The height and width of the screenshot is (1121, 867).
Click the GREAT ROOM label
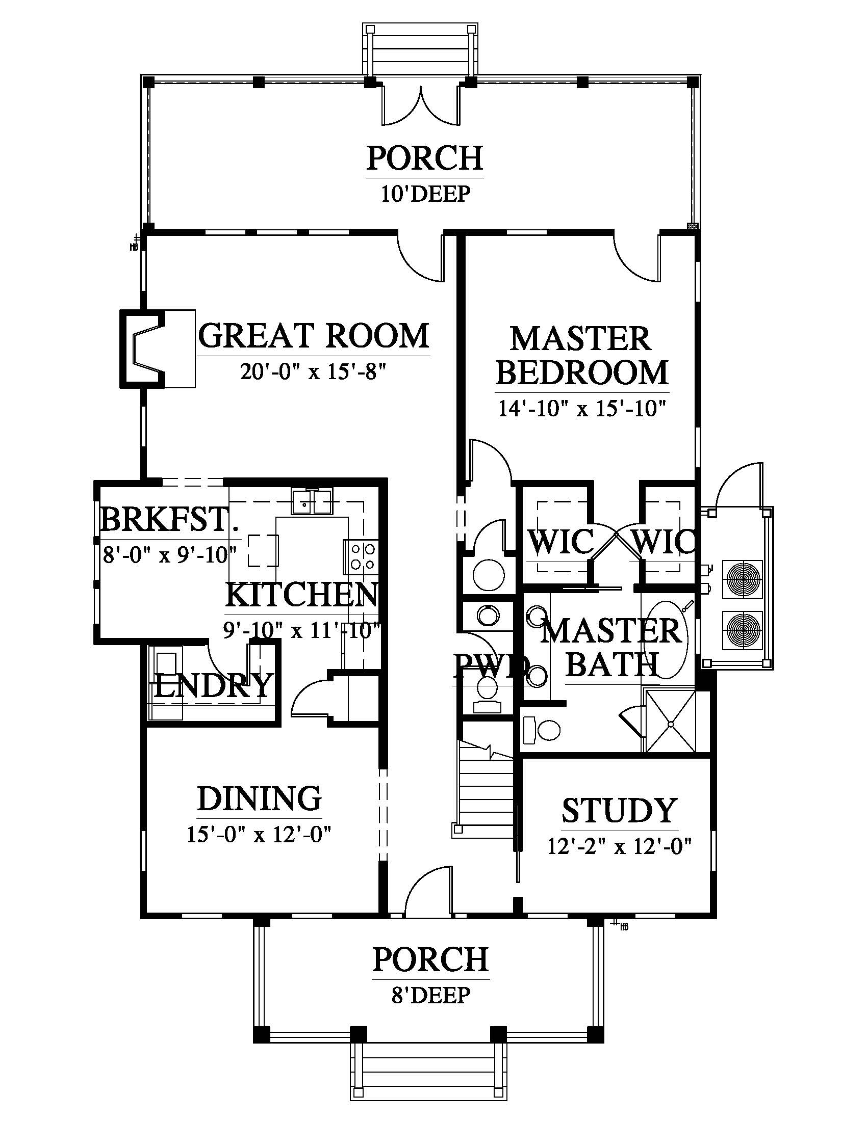click(313, 336)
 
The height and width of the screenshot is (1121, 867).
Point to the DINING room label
click(260, 798)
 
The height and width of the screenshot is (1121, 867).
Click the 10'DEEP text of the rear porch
click(425, 194)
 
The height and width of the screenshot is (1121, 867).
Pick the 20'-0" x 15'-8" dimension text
click(313, 371)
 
